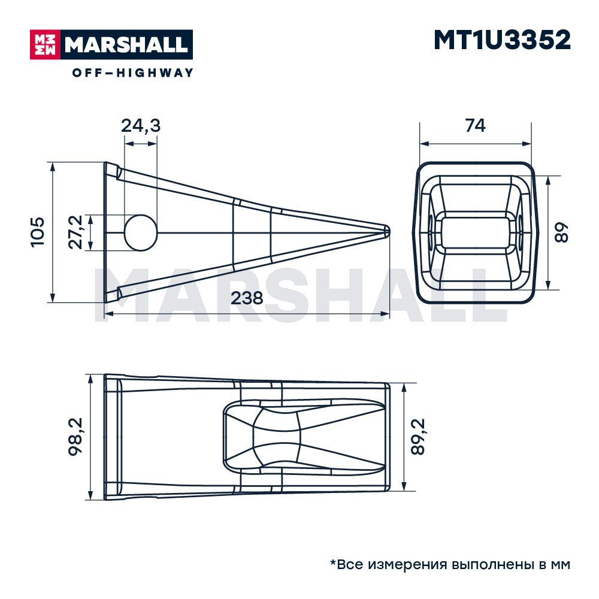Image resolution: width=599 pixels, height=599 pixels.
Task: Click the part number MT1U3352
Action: coord(502,40)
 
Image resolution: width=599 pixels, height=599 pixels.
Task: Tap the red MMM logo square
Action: coord(45,45)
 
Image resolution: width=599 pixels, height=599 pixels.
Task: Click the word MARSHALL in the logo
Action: coord(126,45)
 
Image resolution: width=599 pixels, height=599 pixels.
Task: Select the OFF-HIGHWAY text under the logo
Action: coord(132,72)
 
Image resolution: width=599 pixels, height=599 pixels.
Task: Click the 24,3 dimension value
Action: coord(141,126)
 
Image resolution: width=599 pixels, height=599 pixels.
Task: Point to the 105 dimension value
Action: coord(38,232)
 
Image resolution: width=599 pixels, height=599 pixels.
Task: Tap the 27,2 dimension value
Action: coord(75,232)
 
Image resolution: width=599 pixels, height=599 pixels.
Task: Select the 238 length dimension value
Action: coord(247,298)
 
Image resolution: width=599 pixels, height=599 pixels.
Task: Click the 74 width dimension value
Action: coord(475,125)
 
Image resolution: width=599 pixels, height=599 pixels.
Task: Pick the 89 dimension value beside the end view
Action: coord(561,232)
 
